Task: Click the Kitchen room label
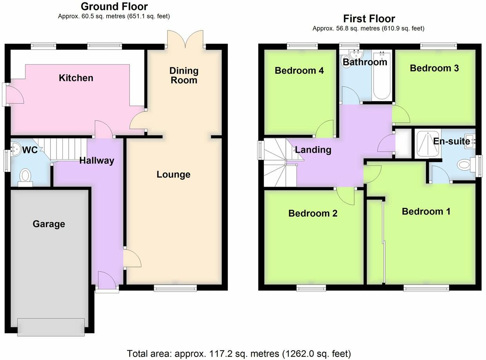click(76, 78)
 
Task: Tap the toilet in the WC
click(25, 176)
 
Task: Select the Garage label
click(49, 224)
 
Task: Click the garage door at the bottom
click(51, 327)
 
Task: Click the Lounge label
click(173, 175)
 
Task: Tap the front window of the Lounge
click(175, 289)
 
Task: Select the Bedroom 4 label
click(299, 71)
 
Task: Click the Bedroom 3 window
click(439, 46)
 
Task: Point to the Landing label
click(313, 149)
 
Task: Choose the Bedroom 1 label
click(426, 211)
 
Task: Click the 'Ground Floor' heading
click(114, 7)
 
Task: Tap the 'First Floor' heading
click(369, 18)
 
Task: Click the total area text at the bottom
click(239, 353)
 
